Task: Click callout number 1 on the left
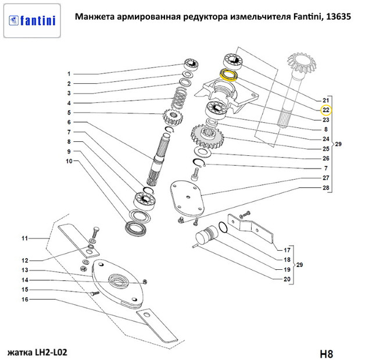pyautogui.click(x=69, y=74)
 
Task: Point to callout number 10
pyautogui.click(x=69, y=161)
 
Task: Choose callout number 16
pyautogui.click(x=25, y=300)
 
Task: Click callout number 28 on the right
pyautogui.click(x=326, y=188)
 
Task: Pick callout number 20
pyautogui.click(x=286, y=280)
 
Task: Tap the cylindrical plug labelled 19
pyautogui.click(x=205, y=237)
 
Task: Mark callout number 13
pyautogui.click(x=25, y=270)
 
